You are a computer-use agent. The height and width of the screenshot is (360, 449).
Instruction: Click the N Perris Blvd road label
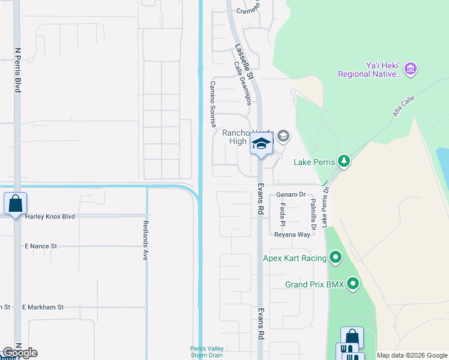[x=17, y=70]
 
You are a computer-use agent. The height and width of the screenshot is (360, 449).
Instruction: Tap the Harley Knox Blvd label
[x=50, y=216]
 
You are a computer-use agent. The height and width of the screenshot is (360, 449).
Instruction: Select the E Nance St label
[x=40, y=246]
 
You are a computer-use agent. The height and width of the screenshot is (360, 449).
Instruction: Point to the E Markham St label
[x=43, y=307]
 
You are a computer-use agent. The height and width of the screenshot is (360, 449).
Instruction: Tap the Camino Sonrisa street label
[x=212, y=104]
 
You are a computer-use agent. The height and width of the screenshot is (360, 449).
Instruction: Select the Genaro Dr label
[x=291, y=194]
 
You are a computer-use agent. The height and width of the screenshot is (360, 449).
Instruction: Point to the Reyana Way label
[x=292, y=235]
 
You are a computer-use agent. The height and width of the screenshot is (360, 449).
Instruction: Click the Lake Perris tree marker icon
[x=343, y=161]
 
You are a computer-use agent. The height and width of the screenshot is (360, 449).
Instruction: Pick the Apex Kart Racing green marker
[x=336, y=258]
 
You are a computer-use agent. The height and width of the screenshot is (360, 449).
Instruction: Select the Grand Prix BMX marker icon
[x=353, y=284]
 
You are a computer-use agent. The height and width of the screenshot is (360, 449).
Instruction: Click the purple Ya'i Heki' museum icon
[x=411, y=70]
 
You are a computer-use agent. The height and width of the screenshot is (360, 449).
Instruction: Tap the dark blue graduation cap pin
[x=261, y=143]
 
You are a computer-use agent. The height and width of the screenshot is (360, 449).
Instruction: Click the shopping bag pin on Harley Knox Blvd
[x=15, y=203]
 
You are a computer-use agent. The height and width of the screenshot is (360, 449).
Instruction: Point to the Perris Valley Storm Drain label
[x=207, y=352]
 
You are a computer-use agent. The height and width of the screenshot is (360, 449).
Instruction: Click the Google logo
[x=20, y=353]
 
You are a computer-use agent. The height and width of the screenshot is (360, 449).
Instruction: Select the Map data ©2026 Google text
[x=412, y=355]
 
